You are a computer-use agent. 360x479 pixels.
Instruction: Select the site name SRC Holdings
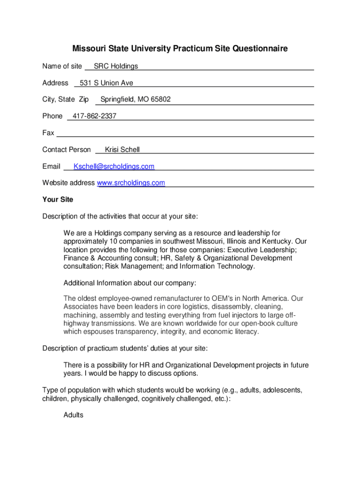pos(116,66)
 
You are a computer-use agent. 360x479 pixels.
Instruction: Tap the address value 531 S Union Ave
pos(107,83)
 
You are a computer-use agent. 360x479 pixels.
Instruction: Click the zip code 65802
pos(160,100)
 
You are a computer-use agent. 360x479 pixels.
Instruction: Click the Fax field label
pos(48,133)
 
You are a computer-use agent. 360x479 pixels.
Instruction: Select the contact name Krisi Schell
pos(122,150)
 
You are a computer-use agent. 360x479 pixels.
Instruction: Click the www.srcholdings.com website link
pos(131,183)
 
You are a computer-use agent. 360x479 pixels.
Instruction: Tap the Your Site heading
pos(58,200)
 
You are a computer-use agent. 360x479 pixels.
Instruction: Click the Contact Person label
pos(66,150)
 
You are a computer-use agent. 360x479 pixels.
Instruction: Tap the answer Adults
pos(73,415)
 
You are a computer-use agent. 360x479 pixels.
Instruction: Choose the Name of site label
pos(62,66)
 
